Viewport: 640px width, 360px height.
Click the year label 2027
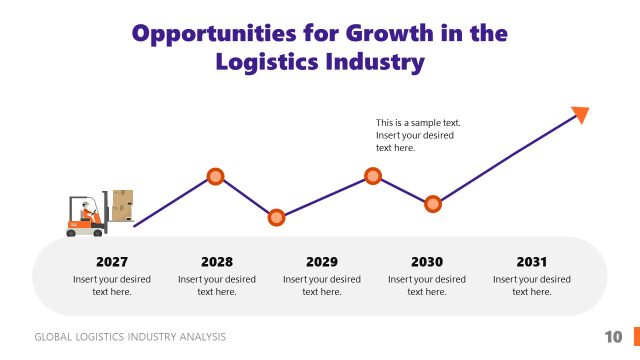click(111, 262)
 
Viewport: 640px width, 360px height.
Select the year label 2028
click(216, 262)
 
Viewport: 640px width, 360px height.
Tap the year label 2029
click(322, 262)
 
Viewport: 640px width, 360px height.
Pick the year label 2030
click(427, 262)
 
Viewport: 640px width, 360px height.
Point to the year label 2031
click(532, 262)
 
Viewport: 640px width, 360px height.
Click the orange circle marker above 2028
click(215, 177)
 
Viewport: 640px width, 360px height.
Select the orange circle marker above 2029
click(277, 217)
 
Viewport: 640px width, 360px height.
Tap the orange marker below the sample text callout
click(373, 176)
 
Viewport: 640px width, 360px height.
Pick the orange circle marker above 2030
click(433, 204)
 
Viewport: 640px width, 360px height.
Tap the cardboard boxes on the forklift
click(122, 205)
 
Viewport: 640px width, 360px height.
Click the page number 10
click(613, 336)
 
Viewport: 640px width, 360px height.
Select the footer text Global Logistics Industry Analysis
click(130, 337)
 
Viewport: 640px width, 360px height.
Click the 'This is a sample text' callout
click(417, 135)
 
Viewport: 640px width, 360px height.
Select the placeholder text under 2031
click(532, 285)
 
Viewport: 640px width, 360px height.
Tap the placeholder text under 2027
click(111, 285)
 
